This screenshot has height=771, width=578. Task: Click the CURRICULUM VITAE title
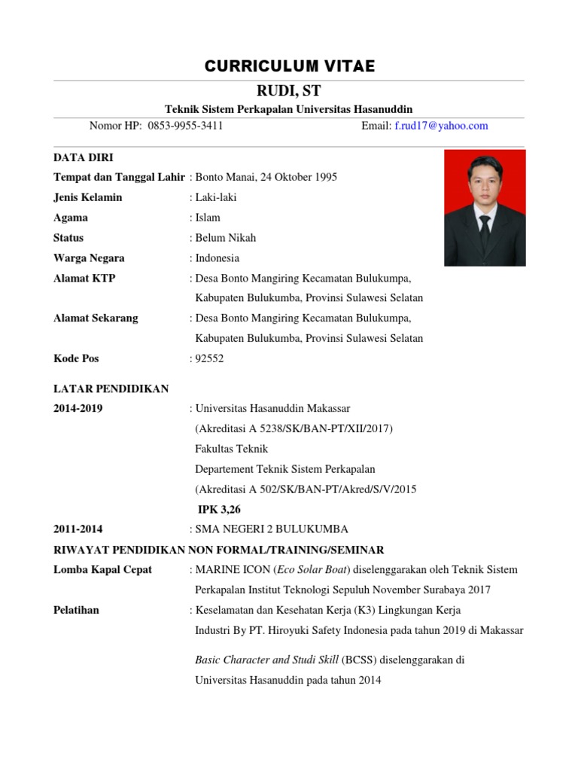289,67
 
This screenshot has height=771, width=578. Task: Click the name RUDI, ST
289,92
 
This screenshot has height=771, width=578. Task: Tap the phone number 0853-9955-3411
185,126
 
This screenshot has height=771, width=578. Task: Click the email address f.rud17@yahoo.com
441,126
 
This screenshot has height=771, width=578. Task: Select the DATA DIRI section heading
83,157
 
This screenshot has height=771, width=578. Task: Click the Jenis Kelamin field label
87,197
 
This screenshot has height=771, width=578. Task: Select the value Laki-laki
218,197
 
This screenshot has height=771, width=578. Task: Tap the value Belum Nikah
225,238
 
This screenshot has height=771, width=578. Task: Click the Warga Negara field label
89,258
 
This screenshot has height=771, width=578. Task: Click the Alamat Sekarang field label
96,318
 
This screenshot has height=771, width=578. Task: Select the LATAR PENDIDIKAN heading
111,389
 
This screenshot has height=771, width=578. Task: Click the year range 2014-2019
78,409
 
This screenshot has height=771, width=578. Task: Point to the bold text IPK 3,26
219,509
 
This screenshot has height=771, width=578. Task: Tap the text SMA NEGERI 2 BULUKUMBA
272,529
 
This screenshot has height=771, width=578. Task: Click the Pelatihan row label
76,610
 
